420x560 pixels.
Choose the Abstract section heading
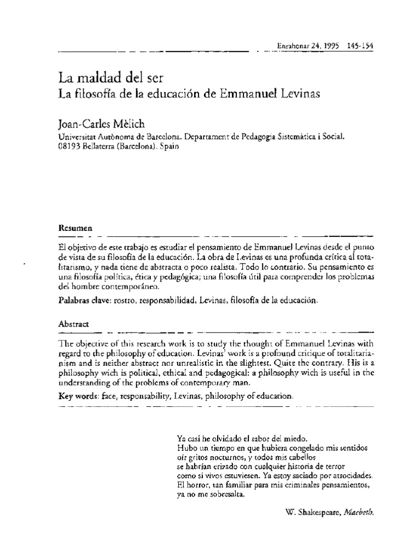point(73,324)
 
